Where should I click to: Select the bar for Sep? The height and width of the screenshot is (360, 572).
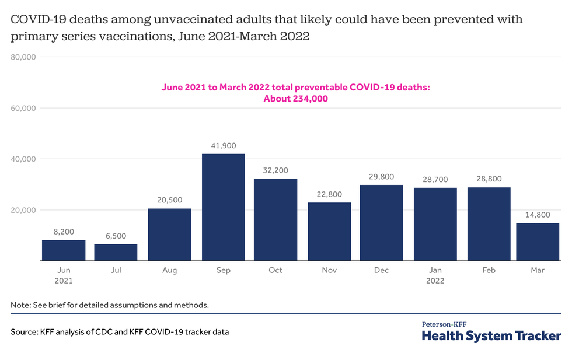click(223, 207)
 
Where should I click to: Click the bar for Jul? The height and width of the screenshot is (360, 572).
click(116, 252)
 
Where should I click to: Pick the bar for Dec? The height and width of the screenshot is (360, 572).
click(382, 223)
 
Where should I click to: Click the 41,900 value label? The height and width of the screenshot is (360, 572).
click(223, 145)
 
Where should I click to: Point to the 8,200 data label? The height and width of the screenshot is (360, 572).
click(63, 232)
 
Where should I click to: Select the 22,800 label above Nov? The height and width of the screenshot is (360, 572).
click(329, 194)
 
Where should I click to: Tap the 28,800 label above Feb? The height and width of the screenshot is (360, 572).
click(489, 179)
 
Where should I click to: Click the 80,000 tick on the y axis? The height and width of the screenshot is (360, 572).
click(24, 57)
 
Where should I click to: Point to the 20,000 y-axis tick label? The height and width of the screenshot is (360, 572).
click(24, 210)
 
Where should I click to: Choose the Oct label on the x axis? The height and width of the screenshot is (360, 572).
click(275, 270)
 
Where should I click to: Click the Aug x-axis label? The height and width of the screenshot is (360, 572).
click(169, 270)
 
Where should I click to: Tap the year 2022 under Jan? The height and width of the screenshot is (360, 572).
click(435, 281)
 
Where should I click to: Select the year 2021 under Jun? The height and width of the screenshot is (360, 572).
click(63, 281)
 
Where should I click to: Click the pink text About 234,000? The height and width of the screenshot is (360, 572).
click(295, 99)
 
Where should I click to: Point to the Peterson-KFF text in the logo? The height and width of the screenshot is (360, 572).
click(444, 324)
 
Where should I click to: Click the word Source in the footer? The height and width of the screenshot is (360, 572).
click(23, 332)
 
